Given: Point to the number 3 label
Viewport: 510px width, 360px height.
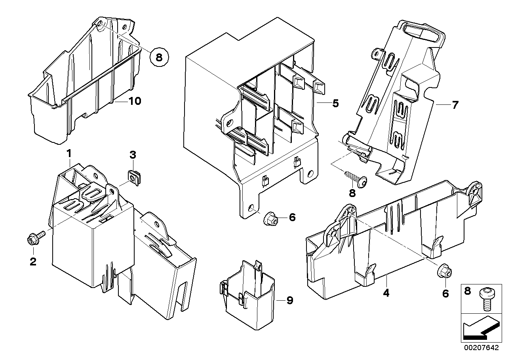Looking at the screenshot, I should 133,154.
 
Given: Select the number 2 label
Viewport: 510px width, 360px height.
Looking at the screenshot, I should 33,261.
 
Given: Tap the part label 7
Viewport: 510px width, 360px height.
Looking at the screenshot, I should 455,105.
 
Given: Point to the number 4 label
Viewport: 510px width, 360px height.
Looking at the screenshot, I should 386,293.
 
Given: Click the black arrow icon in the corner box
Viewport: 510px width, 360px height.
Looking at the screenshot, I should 478,328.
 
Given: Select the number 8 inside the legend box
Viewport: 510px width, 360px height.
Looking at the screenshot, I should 468,292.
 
